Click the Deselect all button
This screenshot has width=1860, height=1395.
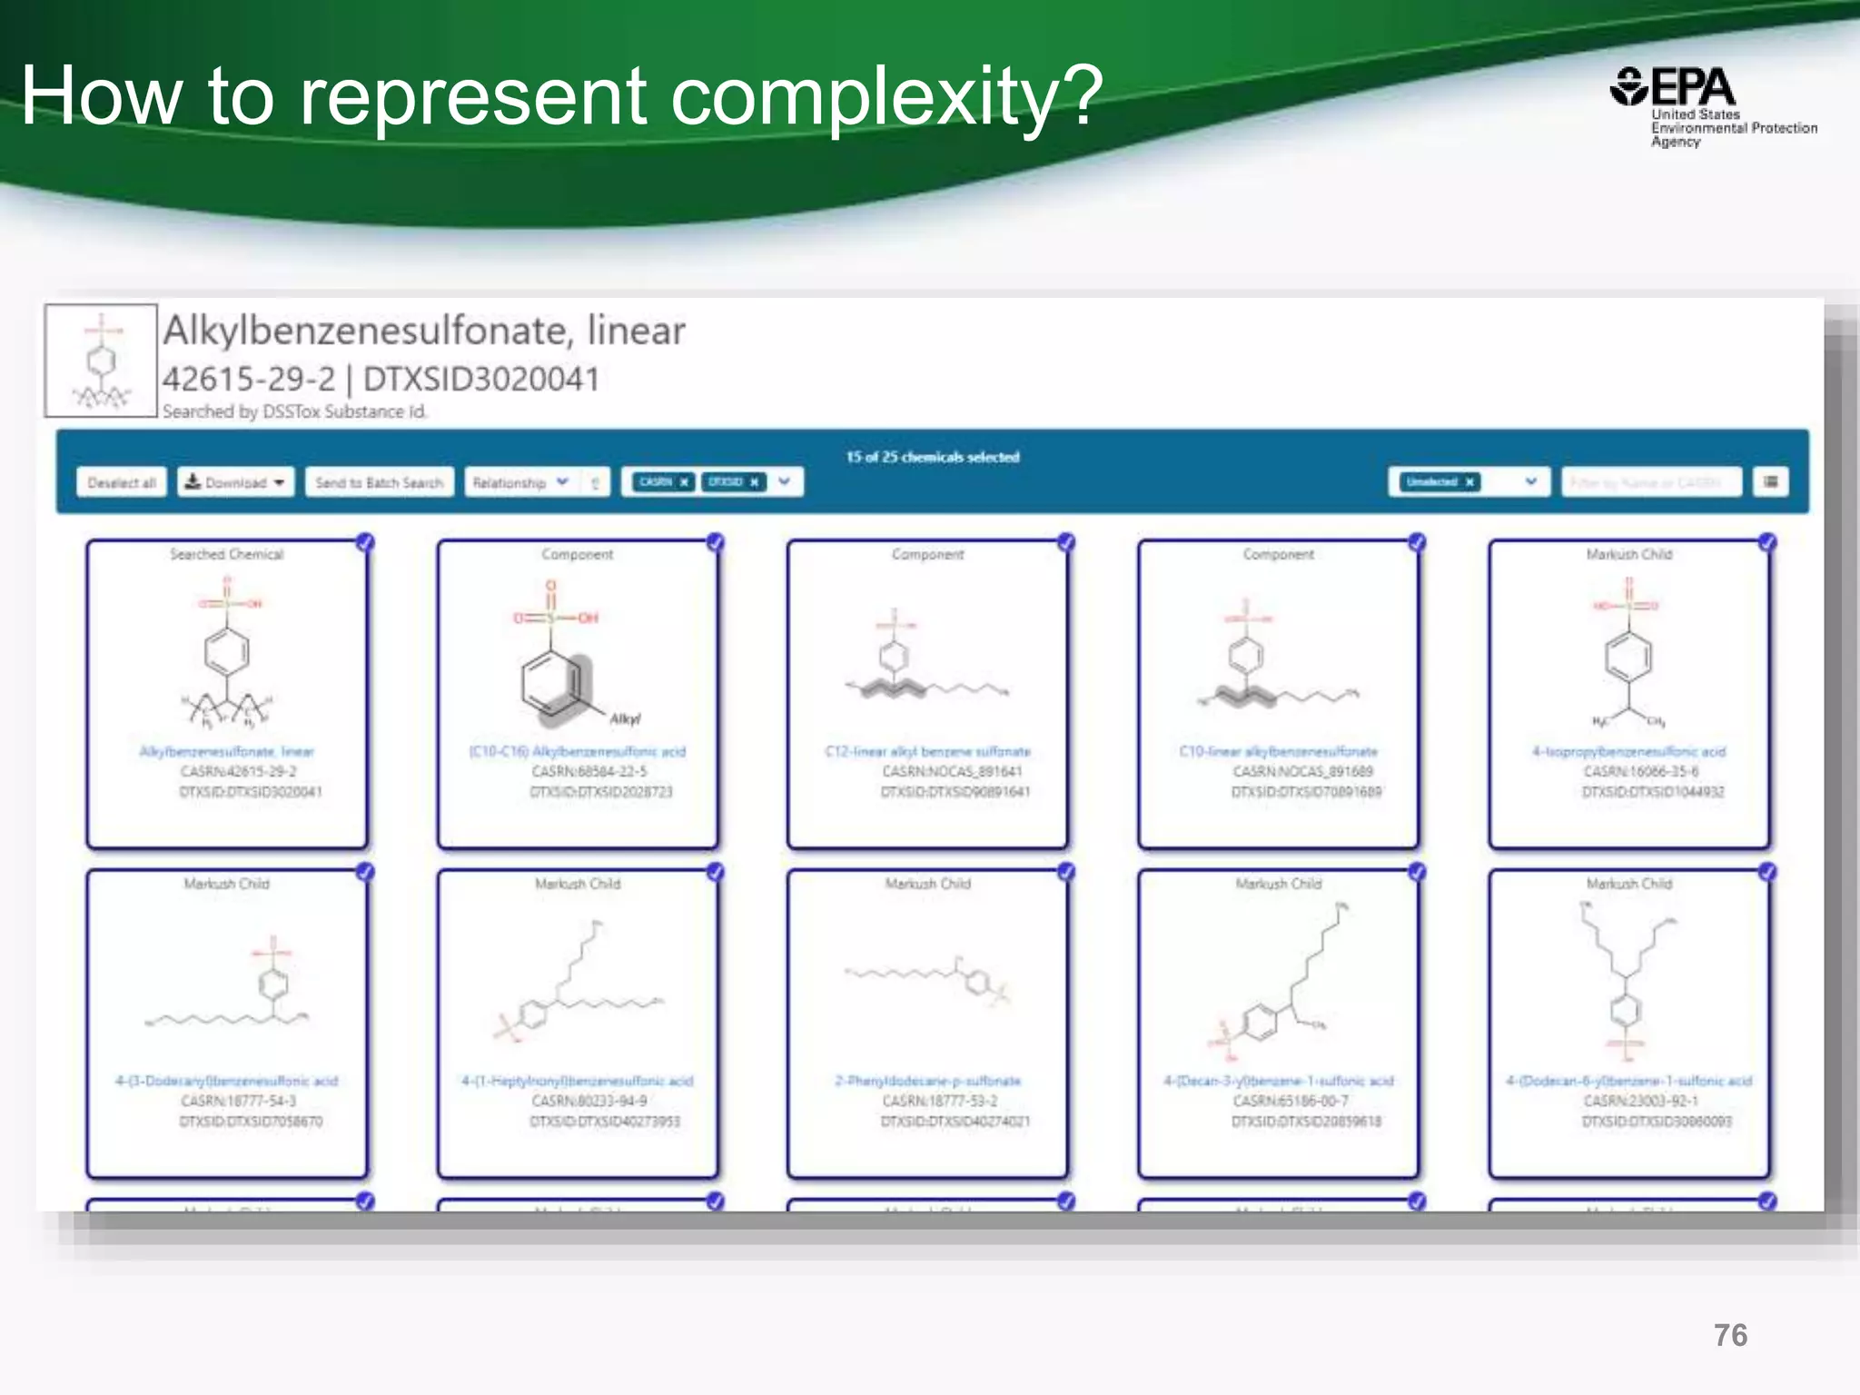[x=122, y=482]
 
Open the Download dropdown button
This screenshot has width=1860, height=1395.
[x=235, y=482]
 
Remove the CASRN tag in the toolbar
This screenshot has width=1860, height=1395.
[x=685, y=482]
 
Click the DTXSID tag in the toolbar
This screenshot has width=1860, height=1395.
[x=727, y=482]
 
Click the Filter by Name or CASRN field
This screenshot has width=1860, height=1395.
[x=1651, y=482]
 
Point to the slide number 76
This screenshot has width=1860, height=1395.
[x=1730, y=1335]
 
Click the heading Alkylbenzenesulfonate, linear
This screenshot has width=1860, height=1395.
[x=424, y=331]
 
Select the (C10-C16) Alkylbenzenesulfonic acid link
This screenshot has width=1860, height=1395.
[x=578, y=752]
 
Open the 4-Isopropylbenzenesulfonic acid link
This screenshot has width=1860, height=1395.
[x=1628, y=752]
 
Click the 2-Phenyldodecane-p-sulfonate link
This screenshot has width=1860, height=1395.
[x=927, y=1081]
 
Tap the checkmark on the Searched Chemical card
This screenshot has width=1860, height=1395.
[x=365, y=543]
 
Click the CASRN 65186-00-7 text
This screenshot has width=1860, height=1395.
[x=1290, y=1101]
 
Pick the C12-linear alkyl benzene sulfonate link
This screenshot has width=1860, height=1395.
[x=927, y=752]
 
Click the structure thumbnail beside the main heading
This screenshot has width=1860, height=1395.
[x=101, y=361]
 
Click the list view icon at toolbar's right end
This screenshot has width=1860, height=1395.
[x=1770, y=482]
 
